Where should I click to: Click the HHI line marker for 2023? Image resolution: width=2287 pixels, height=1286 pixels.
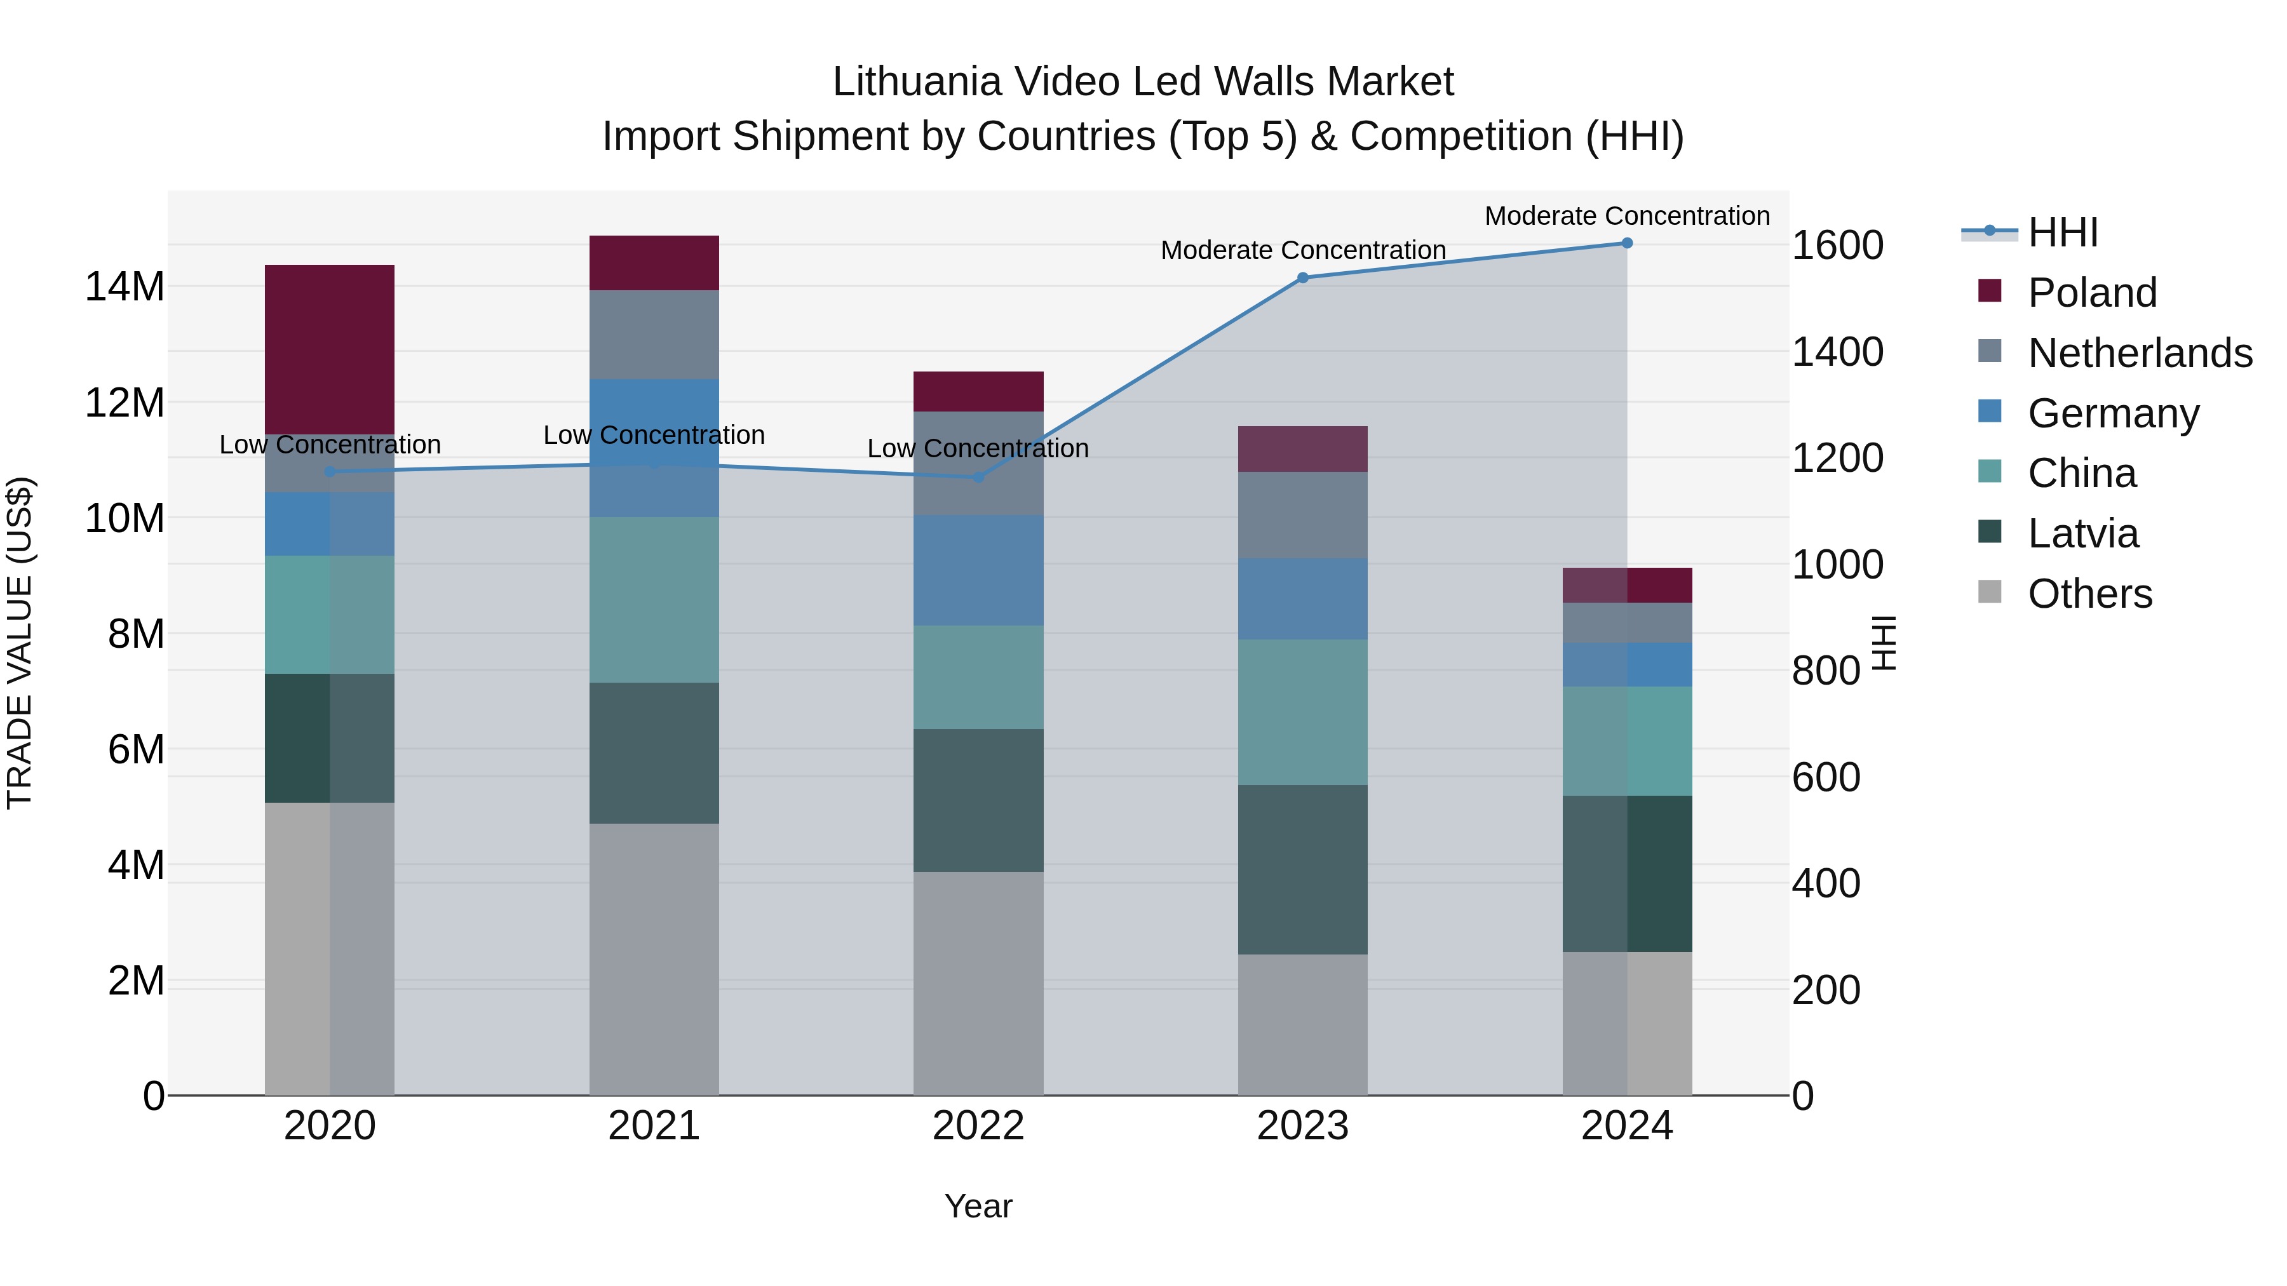[1302, 278]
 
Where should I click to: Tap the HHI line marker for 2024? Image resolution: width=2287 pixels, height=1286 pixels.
[1626, 243]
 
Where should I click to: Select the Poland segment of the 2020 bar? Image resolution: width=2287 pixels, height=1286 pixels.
[329, 349]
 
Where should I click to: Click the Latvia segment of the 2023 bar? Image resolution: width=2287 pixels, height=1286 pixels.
[1302, 870]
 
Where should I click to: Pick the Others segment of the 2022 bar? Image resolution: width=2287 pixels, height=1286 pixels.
[978, 982]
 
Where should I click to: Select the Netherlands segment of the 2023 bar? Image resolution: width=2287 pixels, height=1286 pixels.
[1302, 515]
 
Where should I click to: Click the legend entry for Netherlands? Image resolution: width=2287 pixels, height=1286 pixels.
[2140, 353]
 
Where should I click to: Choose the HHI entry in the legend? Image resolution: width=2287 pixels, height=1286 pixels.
[2062, 232]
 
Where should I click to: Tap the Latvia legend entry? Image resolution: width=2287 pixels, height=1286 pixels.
[2083, 533]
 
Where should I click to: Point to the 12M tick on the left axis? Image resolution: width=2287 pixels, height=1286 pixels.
[125, 403]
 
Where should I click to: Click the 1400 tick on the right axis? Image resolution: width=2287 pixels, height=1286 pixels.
[1837, 351]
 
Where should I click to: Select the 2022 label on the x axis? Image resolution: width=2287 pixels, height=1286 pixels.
[978, 1126]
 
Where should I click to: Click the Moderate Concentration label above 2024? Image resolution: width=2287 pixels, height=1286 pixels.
[1626, 216]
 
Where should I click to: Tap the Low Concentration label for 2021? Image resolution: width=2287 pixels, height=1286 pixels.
[654, 435]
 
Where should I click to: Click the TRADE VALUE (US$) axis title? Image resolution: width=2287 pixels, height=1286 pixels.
[20, 643]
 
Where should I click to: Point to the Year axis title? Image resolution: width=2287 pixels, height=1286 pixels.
[978, 1206]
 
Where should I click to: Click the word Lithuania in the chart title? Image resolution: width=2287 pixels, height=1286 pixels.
[915, 82]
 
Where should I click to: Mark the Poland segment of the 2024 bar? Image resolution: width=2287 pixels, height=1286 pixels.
[1626, 585]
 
